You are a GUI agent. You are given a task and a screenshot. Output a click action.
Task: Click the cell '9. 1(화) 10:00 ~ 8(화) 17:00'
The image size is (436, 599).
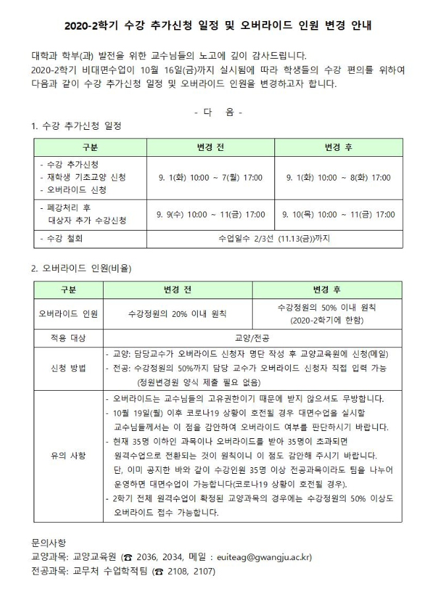pos(338,177)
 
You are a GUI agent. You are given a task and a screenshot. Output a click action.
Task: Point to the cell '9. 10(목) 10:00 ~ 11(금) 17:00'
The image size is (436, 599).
pos(338,214)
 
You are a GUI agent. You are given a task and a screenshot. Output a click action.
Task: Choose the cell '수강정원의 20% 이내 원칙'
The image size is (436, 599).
pos(177,314)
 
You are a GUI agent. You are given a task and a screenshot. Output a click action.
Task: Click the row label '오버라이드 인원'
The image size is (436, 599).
pos(69,314)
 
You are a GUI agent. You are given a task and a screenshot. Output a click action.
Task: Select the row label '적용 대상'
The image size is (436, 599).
pos(69,337)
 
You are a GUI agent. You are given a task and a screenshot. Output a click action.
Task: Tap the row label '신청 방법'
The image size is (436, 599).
pos(69,368)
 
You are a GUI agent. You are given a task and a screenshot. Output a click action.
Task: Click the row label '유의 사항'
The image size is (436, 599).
pos(69,455)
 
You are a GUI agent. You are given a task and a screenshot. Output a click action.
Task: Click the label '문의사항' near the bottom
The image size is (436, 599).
pos(49,542)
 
